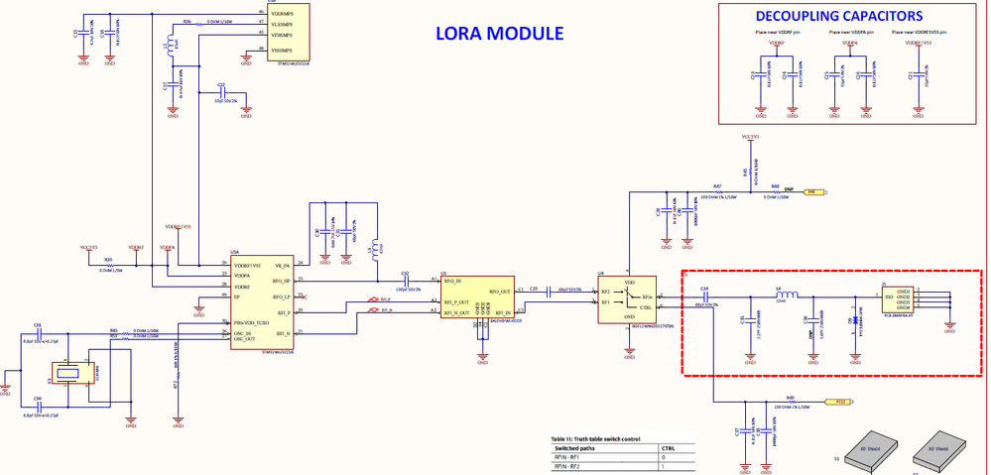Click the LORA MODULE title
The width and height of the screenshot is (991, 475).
pos(499,33)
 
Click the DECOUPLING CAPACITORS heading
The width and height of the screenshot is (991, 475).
pos(852,16)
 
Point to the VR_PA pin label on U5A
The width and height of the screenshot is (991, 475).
pos(281,266)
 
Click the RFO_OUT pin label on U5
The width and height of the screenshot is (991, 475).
pos(499,292)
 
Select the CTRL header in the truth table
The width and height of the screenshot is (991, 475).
pos(668,448)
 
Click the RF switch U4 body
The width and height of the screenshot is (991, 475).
pos(625,298)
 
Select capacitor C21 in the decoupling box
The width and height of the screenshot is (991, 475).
pos(912,76)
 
